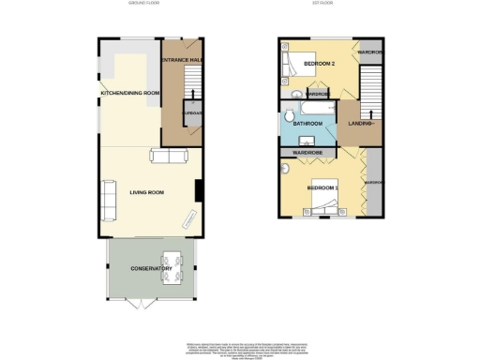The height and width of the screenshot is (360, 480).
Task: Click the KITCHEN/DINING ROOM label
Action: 130,93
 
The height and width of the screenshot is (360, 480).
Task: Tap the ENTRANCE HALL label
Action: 183,60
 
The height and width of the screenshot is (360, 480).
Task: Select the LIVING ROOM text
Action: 147,192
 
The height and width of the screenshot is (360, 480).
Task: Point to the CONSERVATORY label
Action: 151,269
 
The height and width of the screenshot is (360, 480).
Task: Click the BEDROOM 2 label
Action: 319,64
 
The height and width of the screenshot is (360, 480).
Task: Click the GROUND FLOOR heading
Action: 145,5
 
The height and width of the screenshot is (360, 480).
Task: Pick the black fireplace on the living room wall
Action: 199,189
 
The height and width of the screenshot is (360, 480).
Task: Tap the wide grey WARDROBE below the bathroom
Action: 308,152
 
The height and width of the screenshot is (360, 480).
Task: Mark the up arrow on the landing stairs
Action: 373,124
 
